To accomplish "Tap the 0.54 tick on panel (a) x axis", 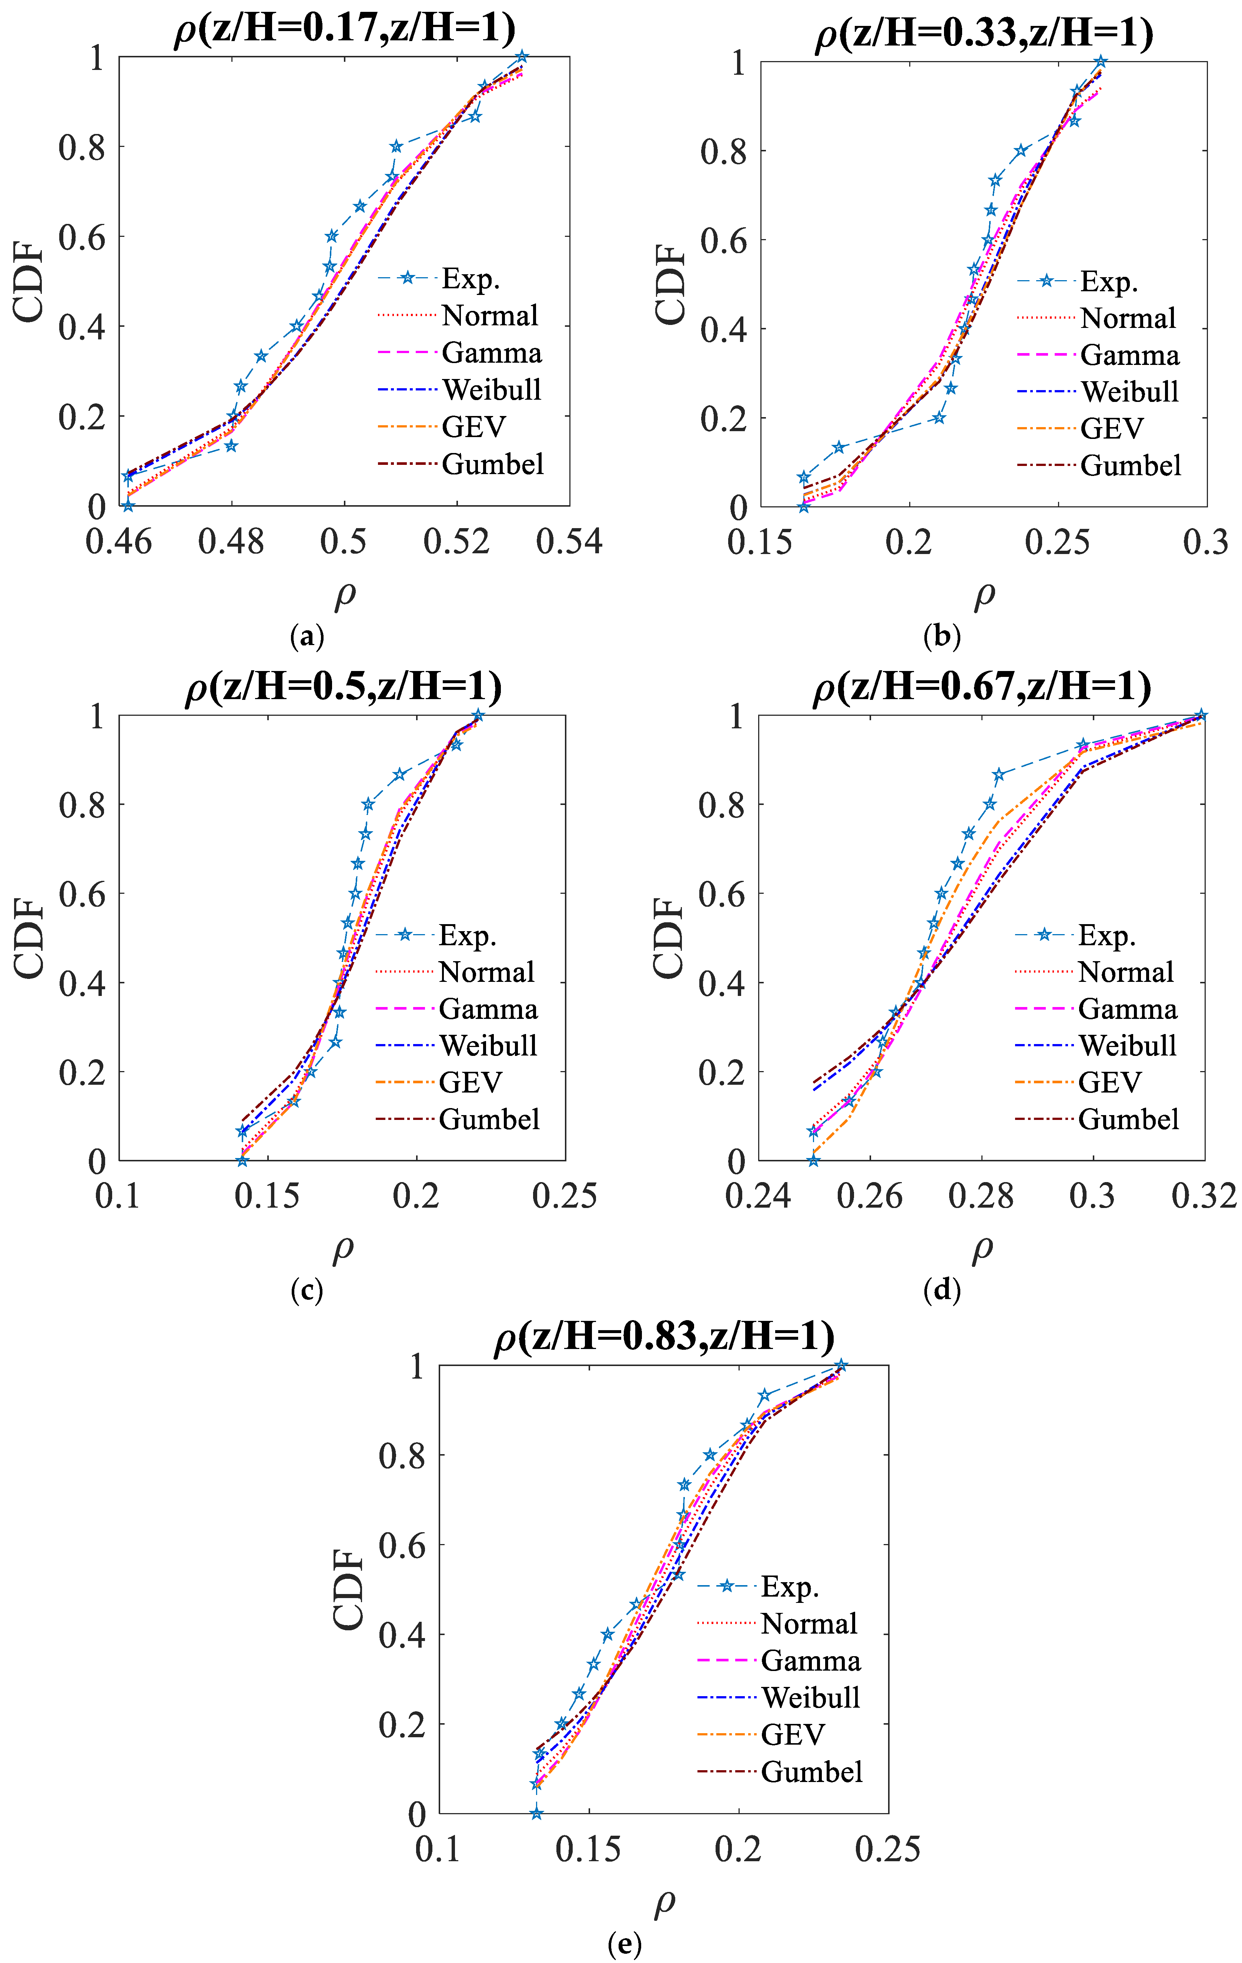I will pyautogui.click(x=568, y=541).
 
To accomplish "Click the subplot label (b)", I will pyautogui.click(x=942, y=636).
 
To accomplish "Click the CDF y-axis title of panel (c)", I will pyautogui.click(x=29, y=937).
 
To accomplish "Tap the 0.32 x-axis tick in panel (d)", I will pyautogui.click(x=1203, y=1196).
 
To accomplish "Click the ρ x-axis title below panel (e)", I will pyautogui.click(x=664, y=1902).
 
